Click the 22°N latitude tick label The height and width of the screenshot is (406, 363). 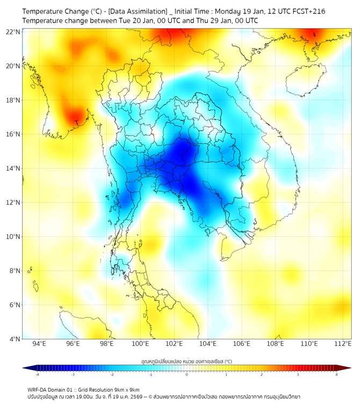click(13, 32)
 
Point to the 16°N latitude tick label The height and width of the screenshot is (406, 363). click(13, 134)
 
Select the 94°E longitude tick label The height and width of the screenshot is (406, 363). click(39, 344)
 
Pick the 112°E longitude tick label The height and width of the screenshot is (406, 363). click(343, 344)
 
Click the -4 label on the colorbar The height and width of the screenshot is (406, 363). click(37, 374)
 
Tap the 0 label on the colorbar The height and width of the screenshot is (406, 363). click(187, 374)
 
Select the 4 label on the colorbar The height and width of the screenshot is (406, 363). click(337, 374)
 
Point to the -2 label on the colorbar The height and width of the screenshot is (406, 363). click(112, 374)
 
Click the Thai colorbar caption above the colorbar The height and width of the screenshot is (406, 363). click(186, 361)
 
